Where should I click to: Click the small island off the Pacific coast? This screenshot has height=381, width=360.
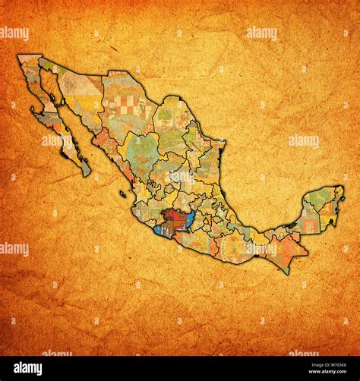[122, 194]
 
